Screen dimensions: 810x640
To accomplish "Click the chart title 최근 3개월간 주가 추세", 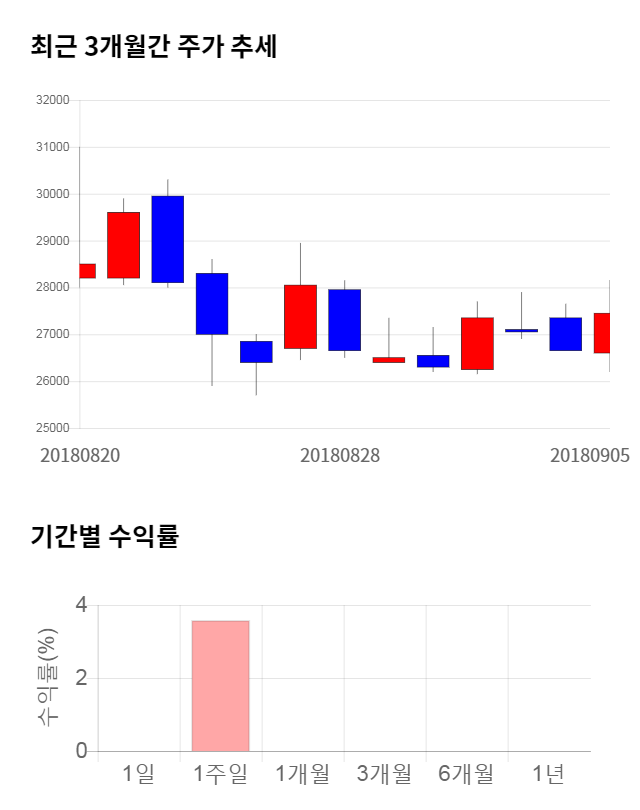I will [153, 46].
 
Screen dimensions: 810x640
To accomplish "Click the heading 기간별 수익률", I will [104, 536].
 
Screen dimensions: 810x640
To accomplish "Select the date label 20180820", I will [80, 455].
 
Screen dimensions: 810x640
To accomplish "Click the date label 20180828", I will [340, 455].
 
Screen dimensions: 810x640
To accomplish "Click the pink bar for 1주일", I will [220, 686].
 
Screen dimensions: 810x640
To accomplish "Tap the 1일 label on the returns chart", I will [138, 773].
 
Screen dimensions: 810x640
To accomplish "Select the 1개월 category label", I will [302, 773].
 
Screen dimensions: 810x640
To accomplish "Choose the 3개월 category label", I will [384, 773].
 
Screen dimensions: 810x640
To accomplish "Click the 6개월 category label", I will [466, 773].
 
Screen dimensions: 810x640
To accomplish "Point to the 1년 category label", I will [548, 773].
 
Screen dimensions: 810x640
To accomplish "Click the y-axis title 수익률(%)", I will [47, 678].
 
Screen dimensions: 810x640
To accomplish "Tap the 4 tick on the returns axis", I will [81, 605].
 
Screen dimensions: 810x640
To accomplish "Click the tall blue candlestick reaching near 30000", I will [167, 239].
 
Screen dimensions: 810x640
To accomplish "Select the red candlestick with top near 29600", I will [123, 245].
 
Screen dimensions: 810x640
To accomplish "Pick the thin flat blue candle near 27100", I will [521, 330].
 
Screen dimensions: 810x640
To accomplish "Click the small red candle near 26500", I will [388, 359].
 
